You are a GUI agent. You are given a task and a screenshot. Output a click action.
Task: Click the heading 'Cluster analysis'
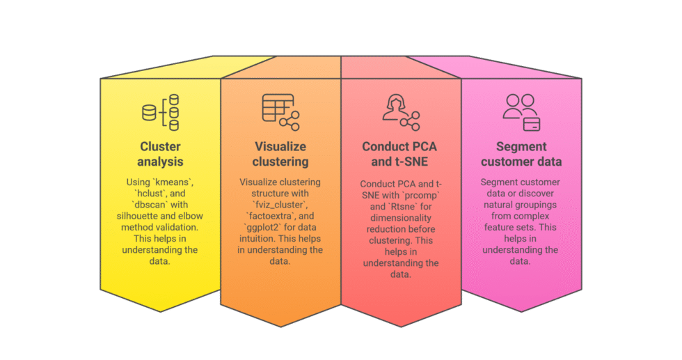click(x=161, y=154)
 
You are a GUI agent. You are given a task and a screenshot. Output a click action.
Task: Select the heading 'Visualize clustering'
click(x=280, y=154)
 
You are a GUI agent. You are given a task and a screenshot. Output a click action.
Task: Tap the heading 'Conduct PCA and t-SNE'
click(x=400, y=154)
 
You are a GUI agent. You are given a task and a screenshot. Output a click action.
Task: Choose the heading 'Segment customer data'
click(x=521, y=154)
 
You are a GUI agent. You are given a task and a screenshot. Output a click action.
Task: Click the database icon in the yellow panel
click(x=150, y=112)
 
